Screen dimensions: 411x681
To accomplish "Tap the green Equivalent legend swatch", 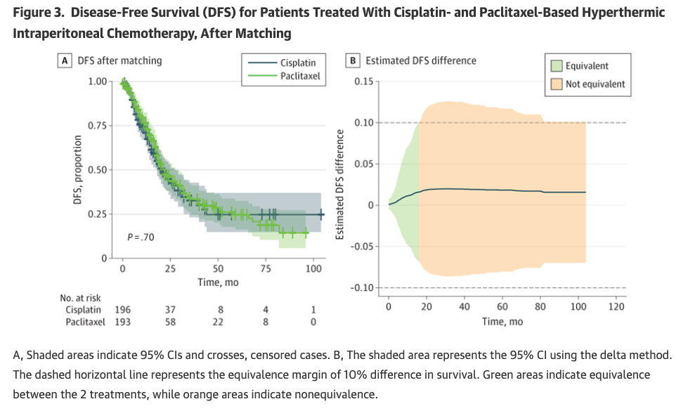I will click(557, 66).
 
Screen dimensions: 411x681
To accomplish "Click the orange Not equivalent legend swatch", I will click(557, 84).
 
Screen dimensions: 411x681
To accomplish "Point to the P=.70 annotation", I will click(141, 237).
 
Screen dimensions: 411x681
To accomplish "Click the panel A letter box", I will click(65, 60).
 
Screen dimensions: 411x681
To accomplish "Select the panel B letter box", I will click(355, 60).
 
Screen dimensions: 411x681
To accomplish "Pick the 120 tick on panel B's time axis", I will click(616, 306).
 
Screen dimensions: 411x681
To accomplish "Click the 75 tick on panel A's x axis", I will click(266, 268).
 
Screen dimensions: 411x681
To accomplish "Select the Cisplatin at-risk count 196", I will click(122, 310).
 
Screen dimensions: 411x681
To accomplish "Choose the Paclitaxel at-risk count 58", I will click(171, 322).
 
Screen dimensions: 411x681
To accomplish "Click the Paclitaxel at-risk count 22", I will click(219, 322).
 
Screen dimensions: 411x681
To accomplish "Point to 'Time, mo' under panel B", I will click(502, 321).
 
